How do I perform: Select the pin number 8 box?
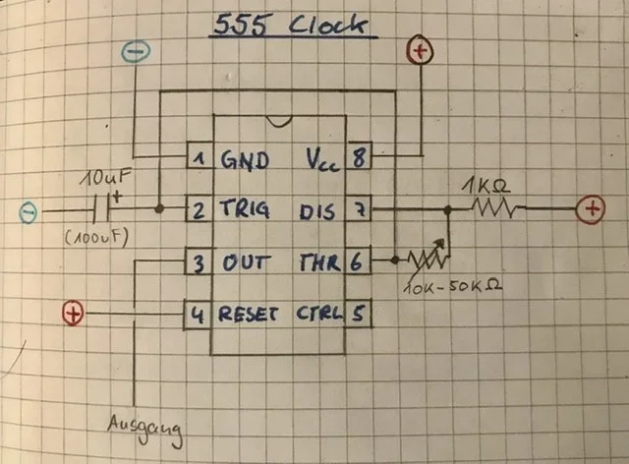(360, 158)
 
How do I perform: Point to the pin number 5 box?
(360, 315)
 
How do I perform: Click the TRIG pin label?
(243, 210)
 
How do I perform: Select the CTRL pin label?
(317, 315)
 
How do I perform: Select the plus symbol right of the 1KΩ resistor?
(592, 208)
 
